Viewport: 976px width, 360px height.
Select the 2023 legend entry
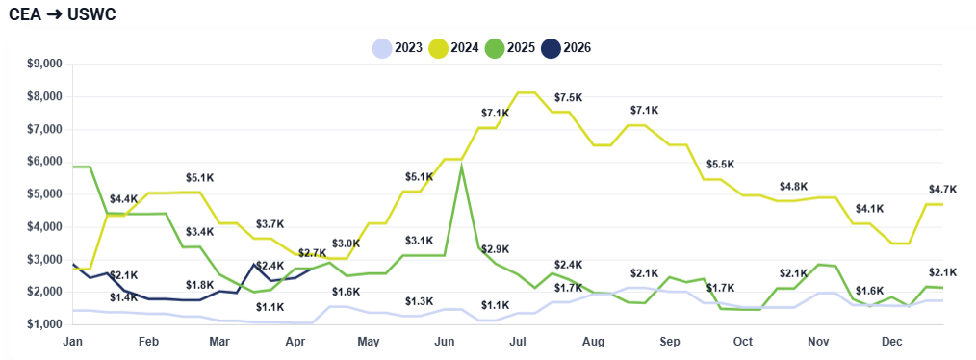pos(398,48)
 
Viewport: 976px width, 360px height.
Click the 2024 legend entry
pos(453,48)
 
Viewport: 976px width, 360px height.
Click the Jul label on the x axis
pos(517,342)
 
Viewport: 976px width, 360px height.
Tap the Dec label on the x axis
pos(891,342)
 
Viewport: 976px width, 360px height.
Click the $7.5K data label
pos(568,98)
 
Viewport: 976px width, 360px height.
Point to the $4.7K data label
pos(942,189)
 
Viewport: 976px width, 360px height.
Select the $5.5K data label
pos(720,165)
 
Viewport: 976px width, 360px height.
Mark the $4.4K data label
pos(123,198)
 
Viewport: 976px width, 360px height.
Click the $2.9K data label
pos(495,249)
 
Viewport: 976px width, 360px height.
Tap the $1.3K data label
pos(419,301)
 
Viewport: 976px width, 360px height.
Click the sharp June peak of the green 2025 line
pos(463,167)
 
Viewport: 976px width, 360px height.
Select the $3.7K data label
pos(270,223)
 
